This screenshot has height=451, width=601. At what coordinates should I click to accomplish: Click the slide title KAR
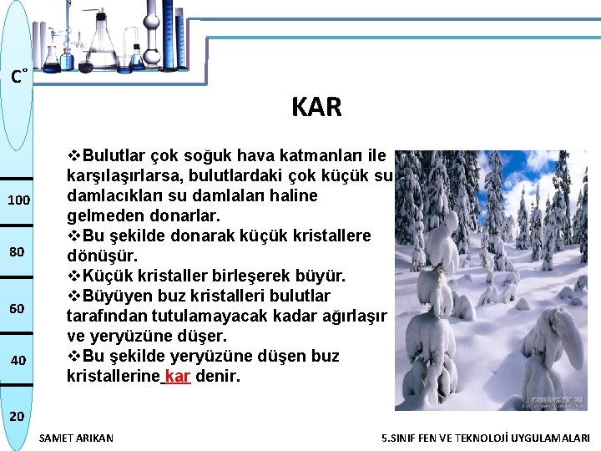316,108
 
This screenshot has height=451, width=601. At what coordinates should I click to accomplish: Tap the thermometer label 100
18,200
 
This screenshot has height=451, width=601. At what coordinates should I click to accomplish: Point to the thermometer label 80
18,252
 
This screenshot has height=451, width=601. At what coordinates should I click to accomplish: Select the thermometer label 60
18,309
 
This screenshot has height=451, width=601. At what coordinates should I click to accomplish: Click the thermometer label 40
18,360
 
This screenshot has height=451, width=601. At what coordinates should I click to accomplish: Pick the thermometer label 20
18,415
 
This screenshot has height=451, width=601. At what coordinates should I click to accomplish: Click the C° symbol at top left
18,78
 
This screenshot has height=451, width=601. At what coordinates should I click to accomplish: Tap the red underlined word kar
179,377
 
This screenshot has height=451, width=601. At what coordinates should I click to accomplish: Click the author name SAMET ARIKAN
76,438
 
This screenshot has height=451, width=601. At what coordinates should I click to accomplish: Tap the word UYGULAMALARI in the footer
553,438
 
